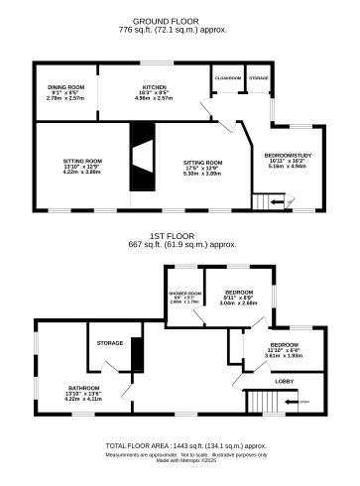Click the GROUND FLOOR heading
180,20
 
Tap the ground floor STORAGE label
258,77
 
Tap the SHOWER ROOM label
184,295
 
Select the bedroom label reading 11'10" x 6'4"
282,346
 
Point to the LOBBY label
284,379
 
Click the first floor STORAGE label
110,343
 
